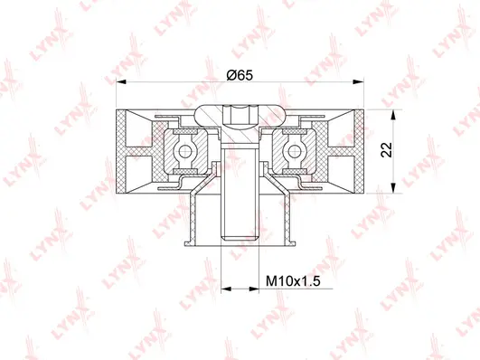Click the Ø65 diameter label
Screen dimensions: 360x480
pyautogui.click(x=240, y=74)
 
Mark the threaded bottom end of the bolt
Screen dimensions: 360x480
pyautogui.click(x=240, y=237)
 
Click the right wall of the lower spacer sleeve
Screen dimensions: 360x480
pyautogui.click(x=288, y=217)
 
